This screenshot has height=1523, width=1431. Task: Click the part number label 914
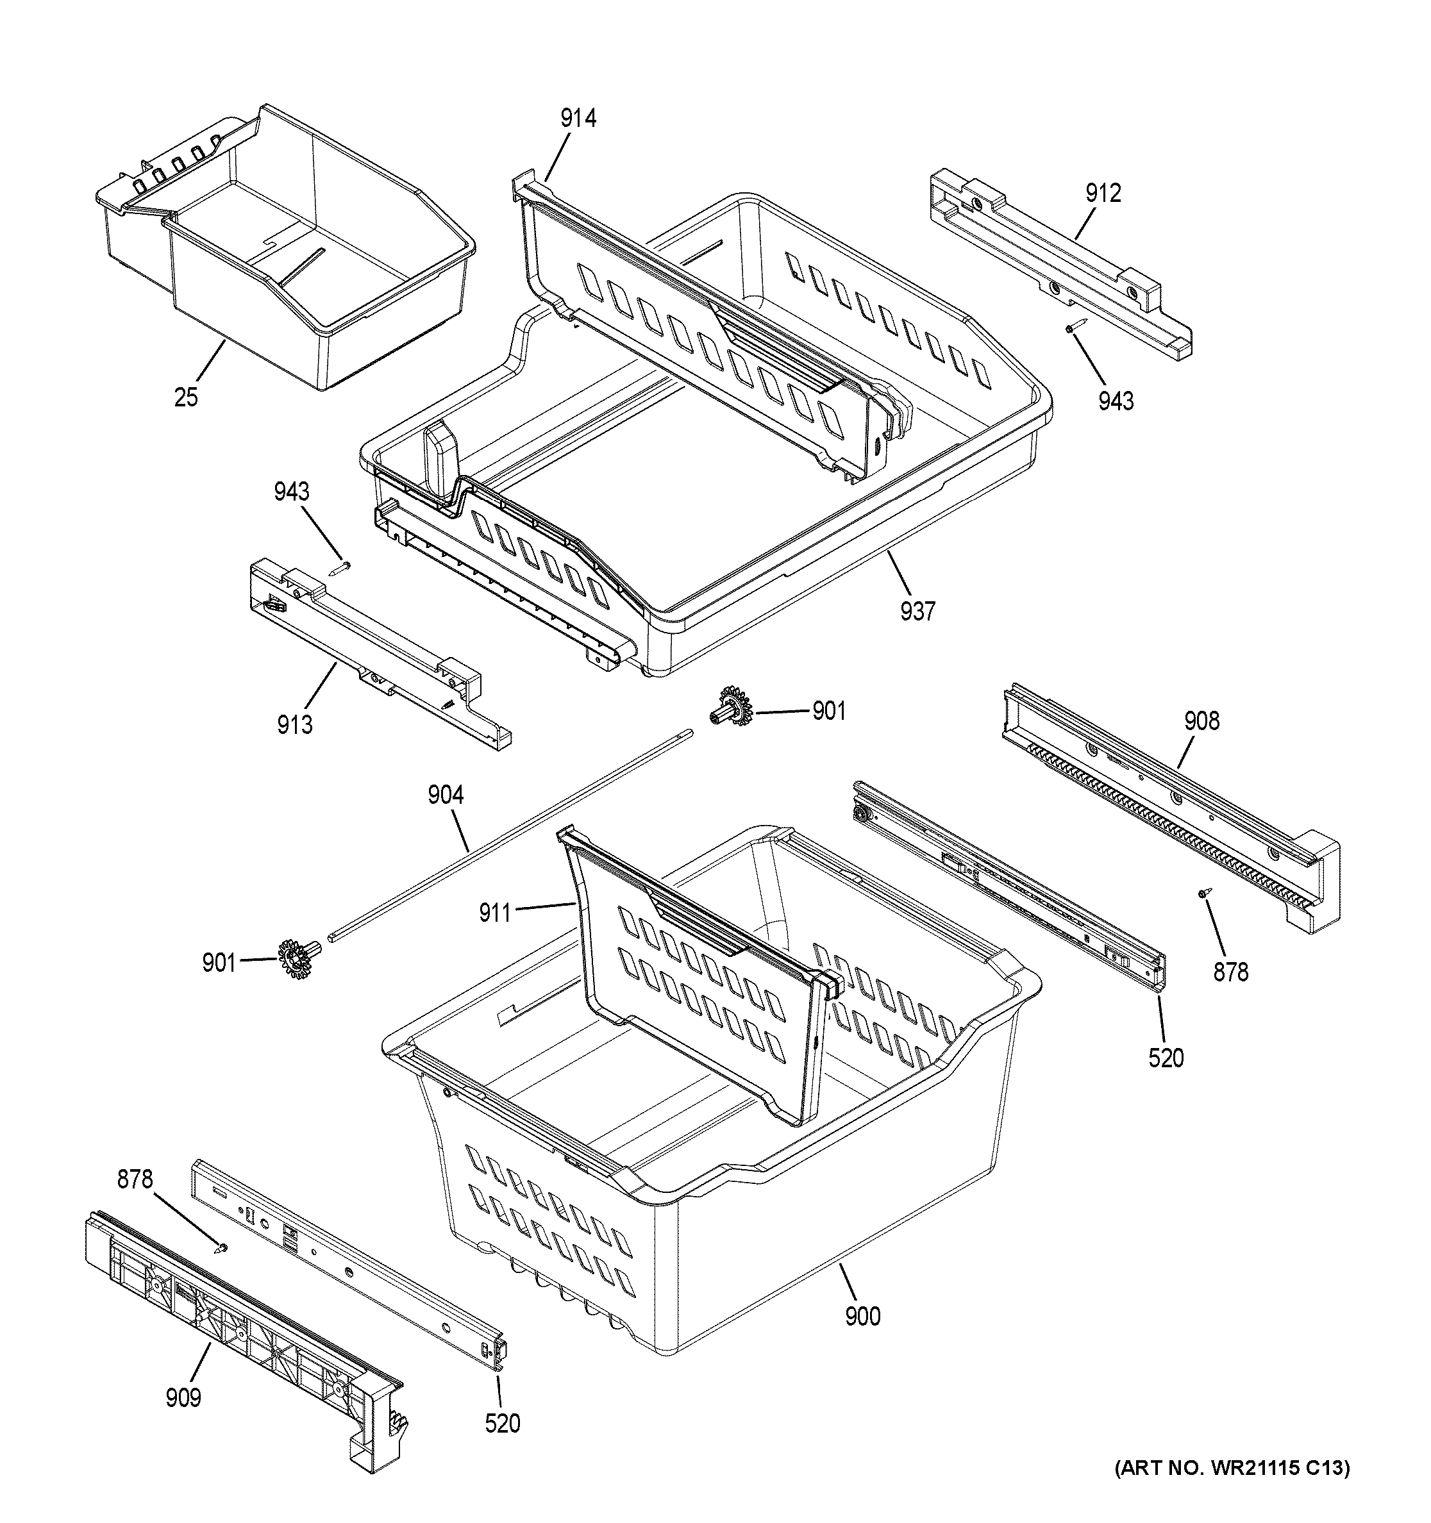(578, 118)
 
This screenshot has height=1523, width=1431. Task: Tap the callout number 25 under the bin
(186, 397)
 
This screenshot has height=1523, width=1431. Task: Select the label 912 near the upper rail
(1102, 193)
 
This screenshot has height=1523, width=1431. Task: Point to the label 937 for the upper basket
(917, 611)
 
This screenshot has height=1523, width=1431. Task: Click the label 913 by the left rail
(295, 724)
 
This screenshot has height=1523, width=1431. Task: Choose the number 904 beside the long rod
(445, 795)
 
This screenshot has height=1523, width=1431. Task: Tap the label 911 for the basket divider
(495, 912)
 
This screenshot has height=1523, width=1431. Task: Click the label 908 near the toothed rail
(1201, 721)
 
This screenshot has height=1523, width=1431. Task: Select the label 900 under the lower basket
(862, 1316)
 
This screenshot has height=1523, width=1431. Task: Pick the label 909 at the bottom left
(183, 1397)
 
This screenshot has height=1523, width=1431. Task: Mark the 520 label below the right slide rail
(1166, 1058)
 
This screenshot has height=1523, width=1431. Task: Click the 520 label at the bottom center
(503, 1424)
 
